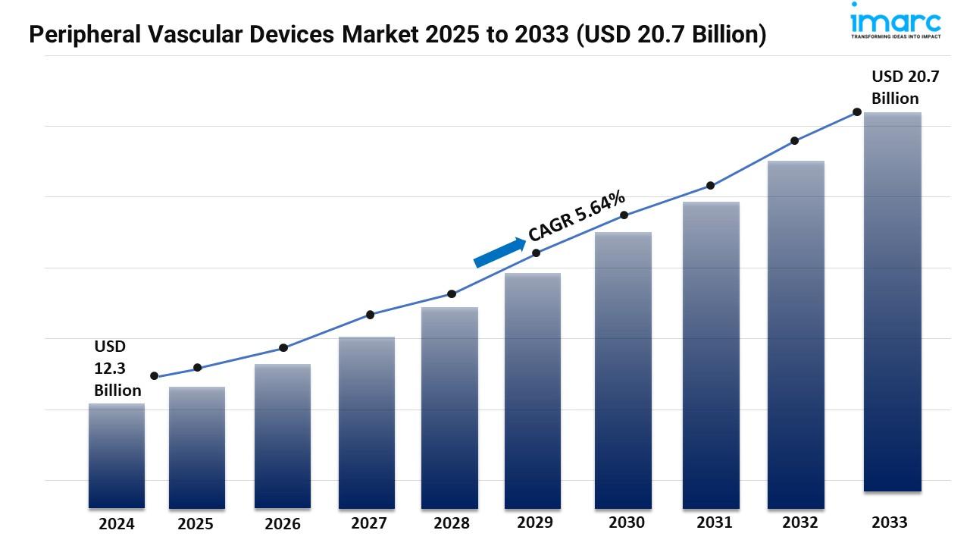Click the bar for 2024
pyautogui.click(x=116, y=455)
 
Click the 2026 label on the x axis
pyautogui.click(x=283, y=524)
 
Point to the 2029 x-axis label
pyautogui.click(x=534, y=522)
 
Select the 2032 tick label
pyautogui.click(x=799, y=522)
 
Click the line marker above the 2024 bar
pyautogui.click(x=155, y=376)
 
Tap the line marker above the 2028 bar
pyautogui.click(x=452, y=293)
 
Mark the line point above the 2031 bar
pyautogui.click(x=711, y=185)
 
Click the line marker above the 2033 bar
pyautogui.click(x=857, y=111)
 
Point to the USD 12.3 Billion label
pyautogui.click(x=117, y=369)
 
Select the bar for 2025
pyautogui.click(x=197, y=447)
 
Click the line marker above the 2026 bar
pyautogui.click(x=283, y=348)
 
